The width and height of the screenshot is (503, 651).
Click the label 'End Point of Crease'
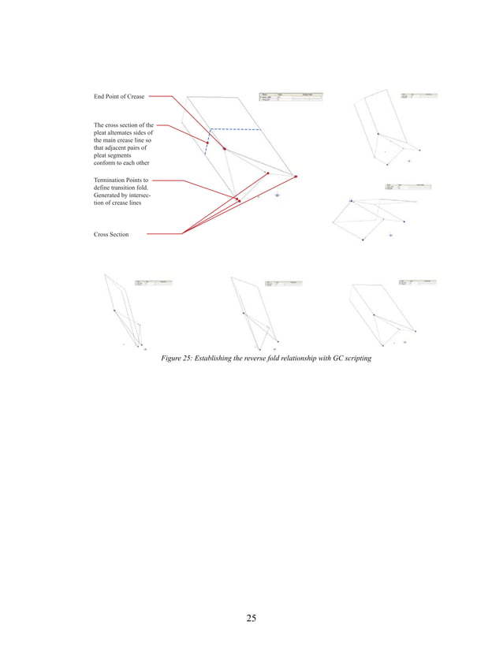pos(118,97)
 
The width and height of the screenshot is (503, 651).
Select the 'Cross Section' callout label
pos(110,234)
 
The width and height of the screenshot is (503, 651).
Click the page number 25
pos(251,617)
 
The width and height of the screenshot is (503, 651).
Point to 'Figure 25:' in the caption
pos(177,359)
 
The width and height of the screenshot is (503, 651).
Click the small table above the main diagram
pos(290,97)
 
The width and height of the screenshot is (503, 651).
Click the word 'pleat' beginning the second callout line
pos(102,132)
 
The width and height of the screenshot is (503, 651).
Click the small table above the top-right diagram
pos(418,95)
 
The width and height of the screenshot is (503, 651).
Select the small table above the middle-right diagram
pos(408,187)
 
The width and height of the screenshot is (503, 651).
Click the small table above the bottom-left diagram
pos(152,282)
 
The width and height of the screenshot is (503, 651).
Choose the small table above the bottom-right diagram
pos(417,281)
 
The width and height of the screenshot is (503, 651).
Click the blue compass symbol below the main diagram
pos(276,195)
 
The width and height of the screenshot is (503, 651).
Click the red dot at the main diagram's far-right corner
pos(296,177)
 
